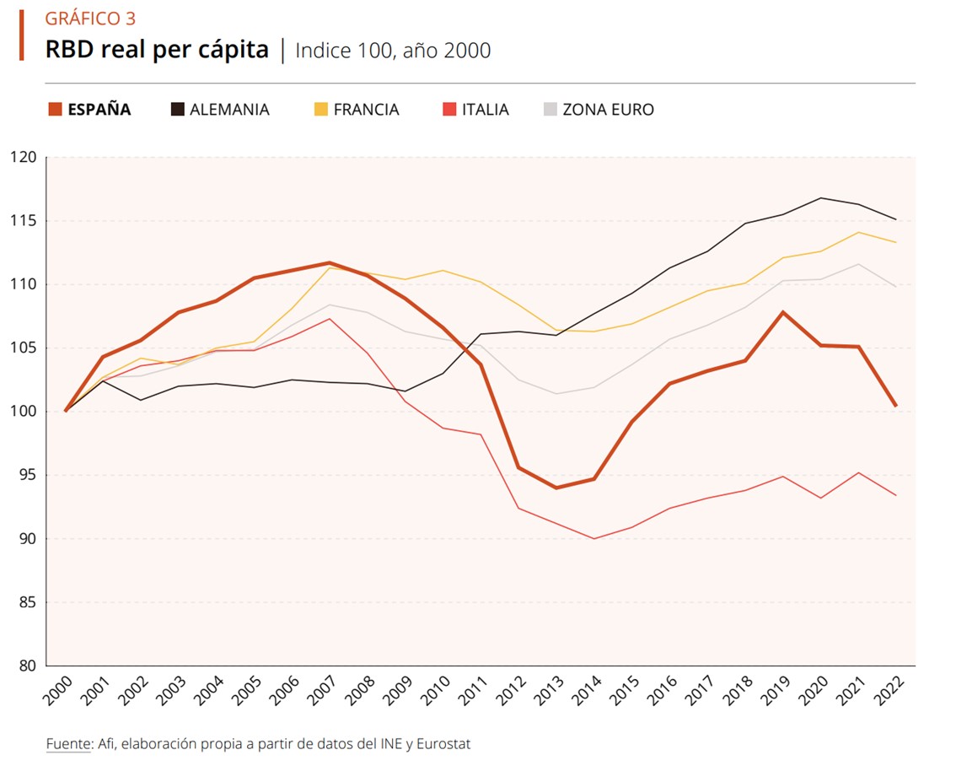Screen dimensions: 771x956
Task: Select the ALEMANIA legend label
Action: tap(229, 110)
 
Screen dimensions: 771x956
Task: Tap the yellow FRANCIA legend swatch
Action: tap(320, 110)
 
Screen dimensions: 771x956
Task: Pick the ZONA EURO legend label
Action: tap(608, 110)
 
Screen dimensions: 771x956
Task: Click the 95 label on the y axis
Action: tap(26, 475)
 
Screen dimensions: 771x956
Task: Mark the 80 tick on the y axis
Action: tap(26, 666)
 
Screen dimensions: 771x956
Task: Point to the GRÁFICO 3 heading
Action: tap(90, 19)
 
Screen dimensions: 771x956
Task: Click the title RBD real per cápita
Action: tap(157, 50)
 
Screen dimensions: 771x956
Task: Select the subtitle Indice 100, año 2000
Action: tap(393, 51)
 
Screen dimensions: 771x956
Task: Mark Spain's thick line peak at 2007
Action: tap(330, 263)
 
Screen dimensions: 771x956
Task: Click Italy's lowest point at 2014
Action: tap(593, 538)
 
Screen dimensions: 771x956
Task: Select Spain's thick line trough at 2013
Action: tap(556, 488)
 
